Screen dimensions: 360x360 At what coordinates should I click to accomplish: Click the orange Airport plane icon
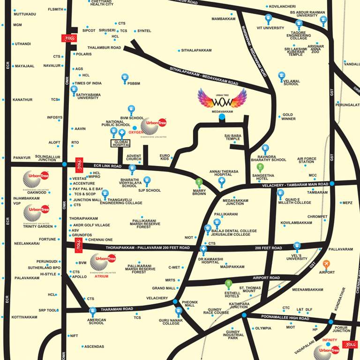[x=326, y=264]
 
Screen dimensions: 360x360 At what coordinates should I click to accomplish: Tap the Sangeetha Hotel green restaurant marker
[x=260, y=167]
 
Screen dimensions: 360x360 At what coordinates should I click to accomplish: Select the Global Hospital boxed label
[x=120, y=144]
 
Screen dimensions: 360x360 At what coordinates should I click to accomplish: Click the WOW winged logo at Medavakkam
[x=222, y=99]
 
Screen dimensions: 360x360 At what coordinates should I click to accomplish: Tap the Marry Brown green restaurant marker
[x=199, y=182]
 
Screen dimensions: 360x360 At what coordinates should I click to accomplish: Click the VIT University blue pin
[x=268, y=19]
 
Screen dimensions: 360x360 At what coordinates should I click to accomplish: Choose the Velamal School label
[x=291, y=82]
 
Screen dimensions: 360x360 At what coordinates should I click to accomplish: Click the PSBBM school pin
[x=125, y=78]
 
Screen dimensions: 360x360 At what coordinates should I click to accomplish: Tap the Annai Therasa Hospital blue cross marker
[x=222, y=181]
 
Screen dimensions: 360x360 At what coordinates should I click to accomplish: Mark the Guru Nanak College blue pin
[x=178, y=310]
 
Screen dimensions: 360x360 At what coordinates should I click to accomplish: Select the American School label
[x=96, y=321]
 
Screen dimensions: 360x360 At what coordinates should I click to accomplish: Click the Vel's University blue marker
[x=296, y=246]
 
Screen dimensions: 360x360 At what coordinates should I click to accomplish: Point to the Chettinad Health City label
[x=101, y=3]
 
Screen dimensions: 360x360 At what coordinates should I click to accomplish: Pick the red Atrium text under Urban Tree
[x=101, y=277]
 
